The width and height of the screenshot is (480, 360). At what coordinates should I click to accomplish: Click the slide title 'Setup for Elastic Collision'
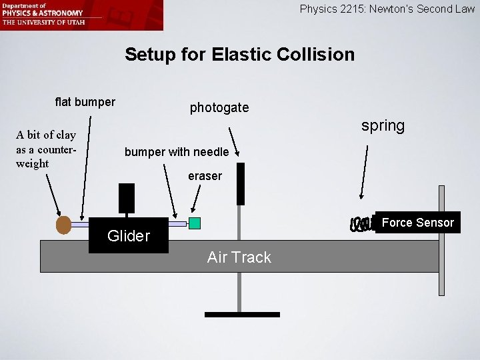240,54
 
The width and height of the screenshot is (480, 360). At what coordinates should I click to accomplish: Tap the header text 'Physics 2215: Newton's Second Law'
387,9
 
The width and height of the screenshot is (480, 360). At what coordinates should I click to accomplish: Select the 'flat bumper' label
85,102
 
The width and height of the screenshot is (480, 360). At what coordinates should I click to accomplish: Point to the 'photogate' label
219,107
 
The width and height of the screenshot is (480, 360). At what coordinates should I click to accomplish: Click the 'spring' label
383,126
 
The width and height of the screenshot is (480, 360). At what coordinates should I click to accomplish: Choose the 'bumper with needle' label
177,152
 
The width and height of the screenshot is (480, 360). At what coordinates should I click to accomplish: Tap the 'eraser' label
204,177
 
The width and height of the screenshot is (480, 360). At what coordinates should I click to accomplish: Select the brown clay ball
63,225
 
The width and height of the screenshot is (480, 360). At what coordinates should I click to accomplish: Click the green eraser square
195,223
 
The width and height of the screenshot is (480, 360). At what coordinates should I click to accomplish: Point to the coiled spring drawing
363,225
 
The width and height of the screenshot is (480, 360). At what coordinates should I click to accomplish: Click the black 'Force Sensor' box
417,223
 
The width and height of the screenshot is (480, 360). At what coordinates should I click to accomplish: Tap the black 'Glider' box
129,235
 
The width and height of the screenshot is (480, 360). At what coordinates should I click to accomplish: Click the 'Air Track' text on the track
239,257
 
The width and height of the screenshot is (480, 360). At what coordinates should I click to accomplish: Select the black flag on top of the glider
126,198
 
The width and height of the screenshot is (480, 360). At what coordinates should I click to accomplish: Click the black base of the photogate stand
242,314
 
